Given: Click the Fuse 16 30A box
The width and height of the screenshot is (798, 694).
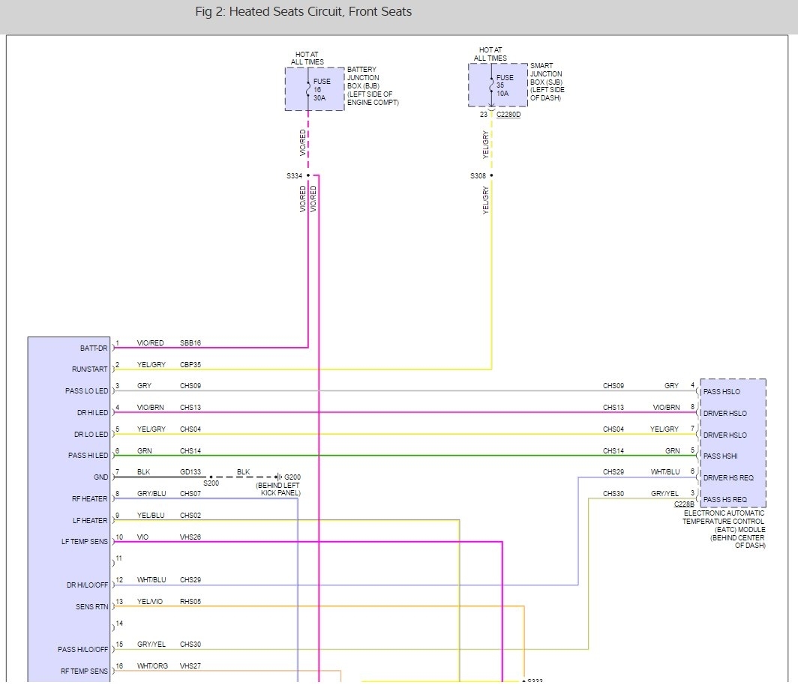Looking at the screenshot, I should click(x=314, y=89).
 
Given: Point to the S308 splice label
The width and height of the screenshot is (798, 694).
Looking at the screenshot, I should click(x=478, y=176).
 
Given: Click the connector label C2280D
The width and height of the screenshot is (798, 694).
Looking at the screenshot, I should click(x=508, y=115).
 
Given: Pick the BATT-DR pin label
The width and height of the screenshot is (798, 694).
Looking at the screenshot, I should click(x=94, y=348).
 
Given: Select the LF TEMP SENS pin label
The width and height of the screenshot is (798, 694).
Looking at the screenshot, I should click(x=85, y=541).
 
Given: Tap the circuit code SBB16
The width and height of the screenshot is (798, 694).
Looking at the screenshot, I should click(x=190, y=343).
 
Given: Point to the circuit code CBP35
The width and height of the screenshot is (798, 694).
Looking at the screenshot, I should click(x=190, y=365).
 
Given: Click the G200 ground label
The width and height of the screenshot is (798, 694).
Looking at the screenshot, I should click(x=292, y=477).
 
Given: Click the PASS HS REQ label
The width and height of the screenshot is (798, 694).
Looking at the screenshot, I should click(x=724, y=499).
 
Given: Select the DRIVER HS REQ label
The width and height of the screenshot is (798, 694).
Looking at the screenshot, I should click(x=727, y=477).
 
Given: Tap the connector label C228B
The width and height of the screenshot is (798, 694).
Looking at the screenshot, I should click(x=684, y=504).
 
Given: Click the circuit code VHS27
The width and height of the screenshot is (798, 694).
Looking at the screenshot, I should click(x=190, y=666).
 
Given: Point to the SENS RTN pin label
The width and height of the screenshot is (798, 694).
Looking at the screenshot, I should click(x=93, y=606).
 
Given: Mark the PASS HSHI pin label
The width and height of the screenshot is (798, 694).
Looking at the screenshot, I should click(x=720, y=456).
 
